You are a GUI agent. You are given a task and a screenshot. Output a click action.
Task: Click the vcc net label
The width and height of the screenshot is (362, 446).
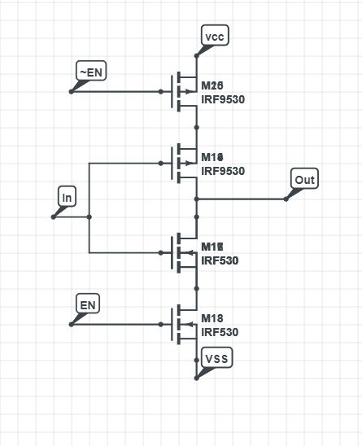(213, 37)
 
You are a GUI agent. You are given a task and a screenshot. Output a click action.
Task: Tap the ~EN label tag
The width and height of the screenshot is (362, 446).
(89, 72)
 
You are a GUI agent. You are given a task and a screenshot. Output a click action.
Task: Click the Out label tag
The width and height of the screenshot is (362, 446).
(304, 179)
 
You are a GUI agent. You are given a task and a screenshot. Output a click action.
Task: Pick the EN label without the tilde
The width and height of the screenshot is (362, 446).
(88, 304)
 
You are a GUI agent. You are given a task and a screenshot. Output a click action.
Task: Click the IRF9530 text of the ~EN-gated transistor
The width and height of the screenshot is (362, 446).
(223, 100)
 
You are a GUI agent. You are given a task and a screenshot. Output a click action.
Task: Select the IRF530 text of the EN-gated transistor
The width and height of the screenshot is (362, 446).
(220, 332)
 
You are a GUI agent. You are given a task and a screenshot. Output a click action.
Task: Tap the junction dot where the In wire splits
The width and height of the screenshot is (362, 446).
(89, 216)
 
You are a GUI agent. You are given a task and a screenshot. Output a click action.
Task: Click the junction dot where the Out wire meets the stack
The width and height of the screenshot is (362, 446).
(196, 199)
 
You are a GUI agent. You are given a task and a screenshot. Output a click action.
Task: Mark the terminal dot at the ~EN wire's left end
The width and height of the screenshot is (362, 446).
(71, 91)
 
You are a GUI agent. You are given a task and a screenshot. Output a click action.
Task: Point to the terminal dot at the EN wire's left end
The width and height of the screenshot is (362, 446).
(71, 324)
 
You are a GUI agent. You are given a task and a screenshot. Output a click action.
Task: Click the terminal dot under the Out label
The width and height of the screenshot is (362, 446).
(286, 199)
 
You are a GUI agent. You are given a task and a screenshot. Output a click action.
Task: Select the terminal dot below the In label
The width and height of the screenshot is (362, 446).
(53, 216)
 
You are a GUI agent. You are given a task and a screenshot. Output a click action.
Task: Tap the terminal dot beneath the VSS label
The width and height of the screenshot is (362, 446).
(196, 378)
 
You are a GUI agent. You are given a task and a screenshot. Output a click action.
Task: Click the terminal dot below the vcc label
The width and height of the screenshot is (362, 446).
(196, 55)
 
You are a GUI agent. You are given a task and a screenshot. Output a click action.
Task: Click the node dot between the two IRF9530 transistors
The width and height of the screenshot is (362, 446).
(196, 127)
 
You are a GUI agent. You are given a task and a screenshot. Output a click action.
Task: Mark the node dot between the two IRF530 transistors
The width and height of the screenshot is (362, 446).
(196, 288)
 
